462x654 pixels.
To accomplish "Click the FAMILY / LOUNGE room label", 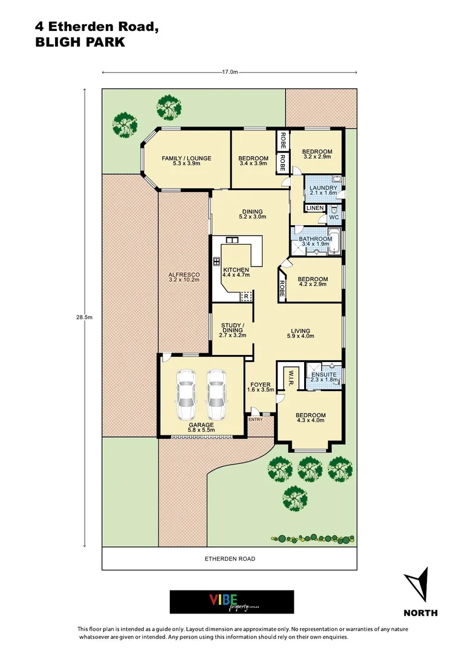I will click(186, 159).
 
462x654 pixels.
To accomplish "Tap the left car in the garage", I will click(186, 395).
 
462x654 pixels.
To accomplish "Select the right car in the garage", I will click(216, 395).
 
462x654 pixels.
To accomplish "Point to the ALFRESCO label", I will click(183, 276).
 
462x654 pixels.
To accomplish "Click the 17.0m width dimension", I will click(229, 72).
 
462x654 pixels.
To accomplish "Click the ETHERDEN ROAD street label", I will click(229, 559).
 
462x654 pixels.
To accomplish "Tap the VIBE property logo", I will click(232, 602).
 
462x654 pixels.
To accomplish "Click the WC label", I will click(334, 217).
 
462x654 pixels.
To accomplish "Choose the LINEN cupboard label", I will click(315, 208).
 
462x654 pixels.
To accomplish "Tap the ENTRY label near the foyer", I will click(255, 420).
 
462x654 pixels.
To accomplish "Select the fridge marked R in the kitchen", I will click(246, 296).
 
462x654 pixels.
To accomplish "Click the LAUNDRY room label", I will click(322, 188).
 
